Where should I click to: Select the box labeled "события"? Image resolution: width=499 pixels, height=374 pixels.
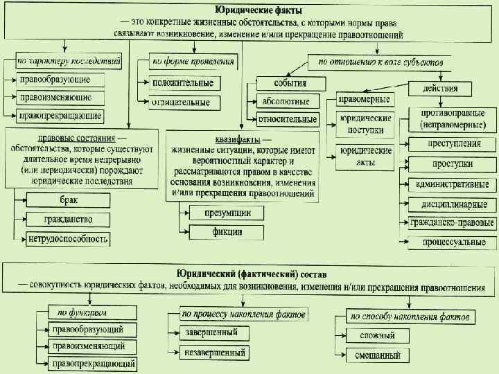click(291, 83)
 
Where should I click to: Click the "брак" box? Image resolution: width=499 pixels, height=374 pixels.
click(67, 200)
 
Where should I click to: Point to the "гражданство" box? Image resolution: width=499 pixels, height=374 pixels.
click(67, 220)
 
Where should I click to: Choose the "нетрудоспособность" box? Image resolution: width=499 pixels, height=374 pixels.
click(67, 240)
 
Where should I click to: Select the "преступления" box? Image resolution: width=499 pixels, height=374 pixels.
click(453, 144)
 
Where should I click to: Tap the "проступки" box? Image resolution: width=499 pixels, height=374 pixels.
click(453, 164)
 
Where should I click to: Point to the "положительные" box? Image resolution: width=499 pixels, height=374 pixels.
click(182, 83)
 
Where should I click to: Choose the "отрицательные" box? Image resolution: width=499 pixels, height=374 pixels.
click(182, 103)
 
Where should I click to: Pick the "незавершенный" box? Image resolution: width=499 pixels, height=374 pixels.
click(216, 353)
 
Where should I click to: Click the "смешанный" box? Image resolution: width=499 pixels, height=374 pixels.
click(377, 356)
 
